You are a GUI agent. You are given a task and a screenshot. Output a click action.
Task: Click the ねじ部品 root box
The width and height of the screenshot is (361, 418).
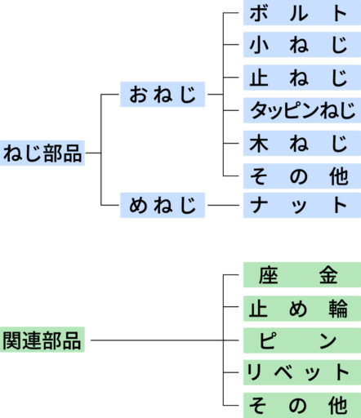coord(42,153)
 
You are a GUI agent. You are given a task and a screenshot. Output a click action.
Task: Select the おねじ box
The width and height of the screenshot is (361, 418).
coord(163,94)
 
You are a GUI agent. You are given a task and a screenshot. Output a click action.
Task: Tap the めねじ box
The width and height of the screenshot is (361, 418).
coord(163,205)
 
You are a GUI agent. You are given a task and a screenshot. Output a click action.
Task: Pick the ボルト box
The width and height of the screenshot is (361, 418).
coord(302,13)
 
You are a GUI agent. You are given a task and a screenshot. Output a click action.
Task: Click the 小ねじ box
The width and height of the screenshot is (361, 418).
coord(302,45)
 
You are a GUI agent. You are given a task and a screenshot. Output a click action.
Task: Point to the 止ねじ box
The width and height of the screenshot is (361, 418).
coord(302,78)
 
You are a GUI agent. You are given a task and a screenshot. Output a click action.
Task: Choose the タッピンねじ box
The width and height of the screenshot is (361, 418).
coord(302,110)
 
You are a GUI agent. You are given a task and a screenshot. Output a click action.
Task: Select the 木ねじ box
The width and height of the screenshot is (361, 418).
coord(302,143)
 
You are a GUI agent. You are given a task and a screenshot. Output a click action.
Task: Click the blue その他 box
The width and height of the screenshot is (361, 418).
coord(302,176)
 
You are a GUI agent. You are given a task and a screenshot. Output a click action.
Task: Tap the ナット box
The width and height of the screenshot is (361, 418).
coord(302,205)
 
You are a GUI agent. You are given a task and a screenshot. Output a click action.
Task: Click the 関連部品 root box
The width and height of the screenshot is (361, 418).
coord(42,340)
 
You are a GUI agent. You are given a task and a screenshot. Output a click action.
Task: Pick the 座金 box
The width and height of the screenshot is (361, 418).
coord(302,275)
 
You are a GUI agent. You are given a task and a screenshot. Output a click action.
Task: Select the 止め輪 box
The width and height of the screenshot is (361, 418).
coord(302,309)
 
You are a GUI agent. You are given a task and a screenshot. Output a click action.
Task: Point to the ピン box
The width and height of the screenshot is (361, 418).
coord(302,340)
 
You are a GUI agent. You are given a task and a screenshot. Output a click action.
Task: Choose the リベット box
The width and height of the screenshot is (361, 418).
coord(302,372)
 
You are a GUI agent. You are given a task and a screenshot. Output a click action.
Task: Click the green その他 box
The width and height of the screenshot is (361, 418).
coord(302,405)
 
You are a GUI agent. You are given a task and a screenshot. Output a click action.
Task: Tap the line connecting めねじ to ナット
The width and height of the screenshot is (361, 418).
coord(223,205)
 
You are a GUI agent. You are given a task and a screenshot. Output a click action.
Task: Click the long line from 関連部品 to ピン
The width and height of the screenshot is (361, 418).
coord(165,340)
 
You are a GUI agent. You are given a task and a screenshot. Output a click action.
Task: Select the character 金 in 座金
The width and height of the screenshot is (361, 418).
coord(328,275)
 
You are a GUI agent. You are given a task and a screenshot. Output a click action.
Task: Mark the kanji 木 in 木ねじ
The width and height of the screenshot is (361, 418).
coord(259,144)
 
